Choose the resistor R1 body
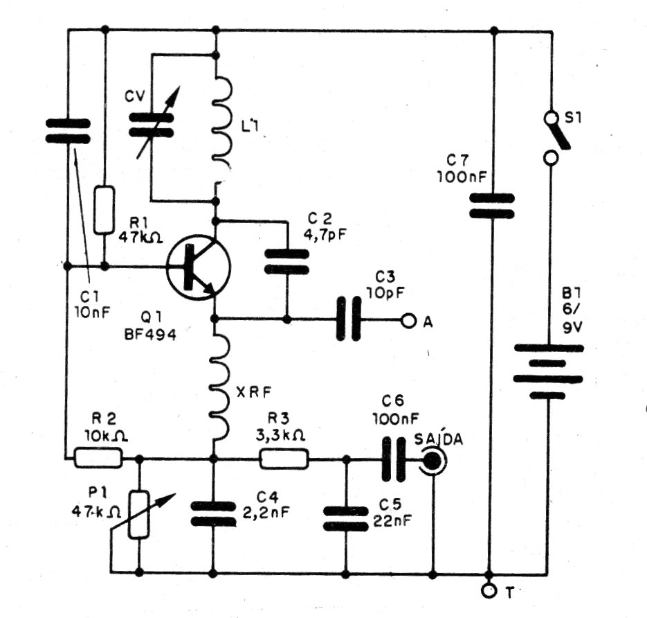tap(104, 209)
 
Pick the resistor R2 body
tap(98, 457)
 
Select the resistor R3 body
tap(283, 458)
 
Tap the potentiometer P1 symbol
tap(140, 513)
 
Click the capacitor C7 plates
tap(492, 206)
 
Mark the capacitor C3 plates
tap(349, 320)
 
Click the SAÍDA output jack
tap(433, 459)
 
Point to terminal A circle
tap(409, 321)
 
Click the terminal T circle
tap(490, 590)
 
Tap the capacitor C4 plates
tap(212, 515)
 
